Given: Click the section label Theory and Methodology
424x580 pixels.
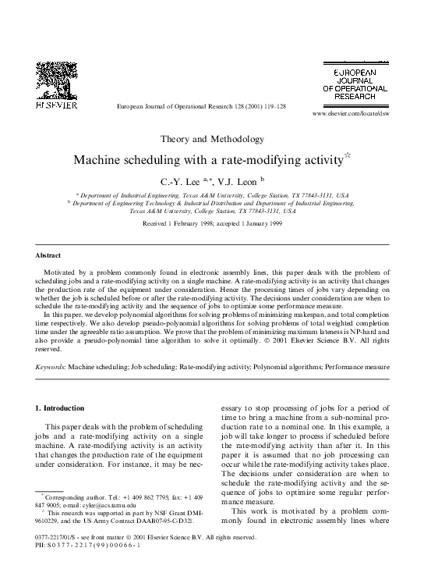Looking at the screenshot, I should (x=211, y=139).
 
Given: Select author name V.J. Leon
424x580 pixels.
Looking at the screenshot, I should (x=238, y=182).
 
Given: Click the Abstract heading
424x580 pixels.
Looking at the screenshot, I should (x=48, y=255).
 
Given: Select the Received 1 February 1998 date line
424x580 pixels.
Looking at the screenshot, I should (x=211, y=223).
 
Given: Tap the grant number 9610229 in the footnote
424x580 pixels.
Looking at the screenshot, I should (x=51, y=522).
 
